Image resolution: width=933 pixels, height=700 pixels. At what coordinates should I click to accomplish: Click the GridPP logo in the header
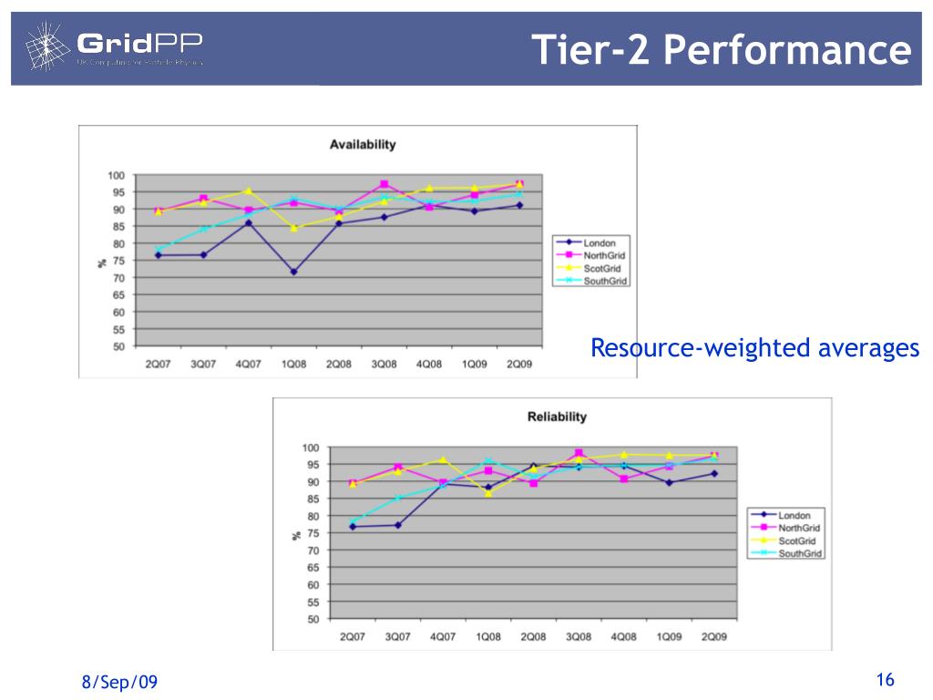point(115,46)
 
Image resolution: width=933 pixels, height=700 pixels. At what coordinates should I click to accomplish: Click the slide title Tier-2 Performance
point(721,49)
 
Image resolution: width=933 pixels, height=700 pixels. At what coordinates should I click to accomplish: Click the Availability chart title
point(362,144)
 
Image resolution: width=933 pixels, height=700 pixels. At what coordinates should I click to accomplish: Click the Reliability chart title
point(557,417)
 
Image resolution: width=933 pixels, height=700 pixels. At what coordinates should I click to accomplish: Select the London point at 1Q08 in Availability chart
point(293,272)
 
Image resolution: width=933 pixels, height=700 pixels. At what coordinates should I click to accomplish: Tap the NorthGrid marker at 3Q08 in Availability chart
point(384,184)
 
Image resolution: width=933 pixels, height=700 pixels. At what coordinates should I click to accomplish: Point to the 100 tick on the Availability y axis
point(117,175)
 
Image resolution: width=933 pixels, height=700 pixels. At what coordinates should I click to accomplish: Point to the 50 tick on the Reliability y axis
point(311,619)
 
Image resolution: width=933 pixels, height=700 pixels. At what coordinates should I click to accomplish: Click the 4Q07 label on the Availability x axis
point(248,364)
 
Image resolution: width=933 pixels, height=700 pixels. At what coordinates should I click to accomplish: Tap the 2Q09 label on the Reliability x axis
point(714,636)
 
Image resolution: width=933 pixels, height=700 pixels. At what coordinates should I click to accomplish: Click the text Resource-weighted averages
point(754,348)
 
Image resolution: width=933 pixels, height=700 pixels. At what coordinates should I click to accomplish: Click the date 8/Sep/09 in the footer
point(119,682)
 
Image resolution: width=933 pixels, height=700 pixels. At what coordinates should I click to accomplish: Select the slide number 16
point(885,680)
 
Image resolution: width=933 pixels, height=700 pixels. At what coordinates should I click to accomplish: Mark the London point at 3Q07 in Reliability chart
point(398,525)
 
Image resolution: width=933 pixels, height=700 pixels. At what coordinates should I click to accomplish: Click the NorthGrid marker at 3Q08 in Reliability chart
point(579,452)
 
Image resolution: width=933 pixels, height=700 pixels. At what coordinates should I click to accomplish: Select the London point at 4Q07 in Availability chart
point(248,222)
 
